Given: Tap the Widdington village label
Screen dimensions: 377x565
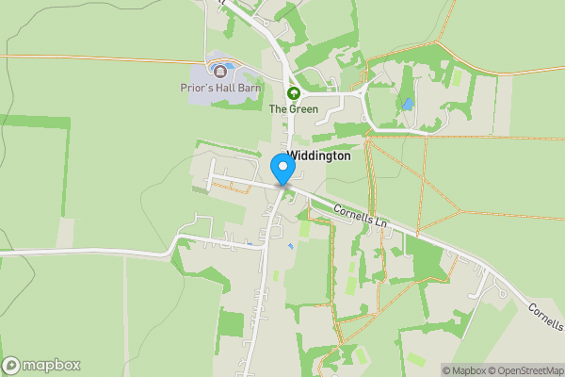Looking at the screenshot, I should pos(318,156).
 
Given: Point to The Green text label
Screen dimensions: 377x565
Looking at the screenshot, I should pos(294,109).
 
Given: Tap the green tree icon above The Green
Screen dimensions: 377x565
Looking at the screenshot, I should pos(293,93).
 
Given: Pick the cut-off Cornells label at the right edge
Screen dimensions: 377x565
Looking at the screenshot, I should pos(546,311).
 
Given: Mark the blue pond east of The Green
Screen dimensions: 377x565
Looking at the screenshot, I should pos(408,104).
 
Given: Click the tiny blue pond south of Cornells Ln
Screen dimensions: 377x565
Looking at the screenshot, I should pos(291,246).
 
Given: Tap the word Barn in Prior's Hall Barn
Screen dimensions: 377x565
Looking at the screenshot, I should pos(250,89).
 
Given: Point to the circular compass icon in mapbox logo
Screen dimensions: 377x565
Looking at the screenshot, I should pos(12,366).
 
